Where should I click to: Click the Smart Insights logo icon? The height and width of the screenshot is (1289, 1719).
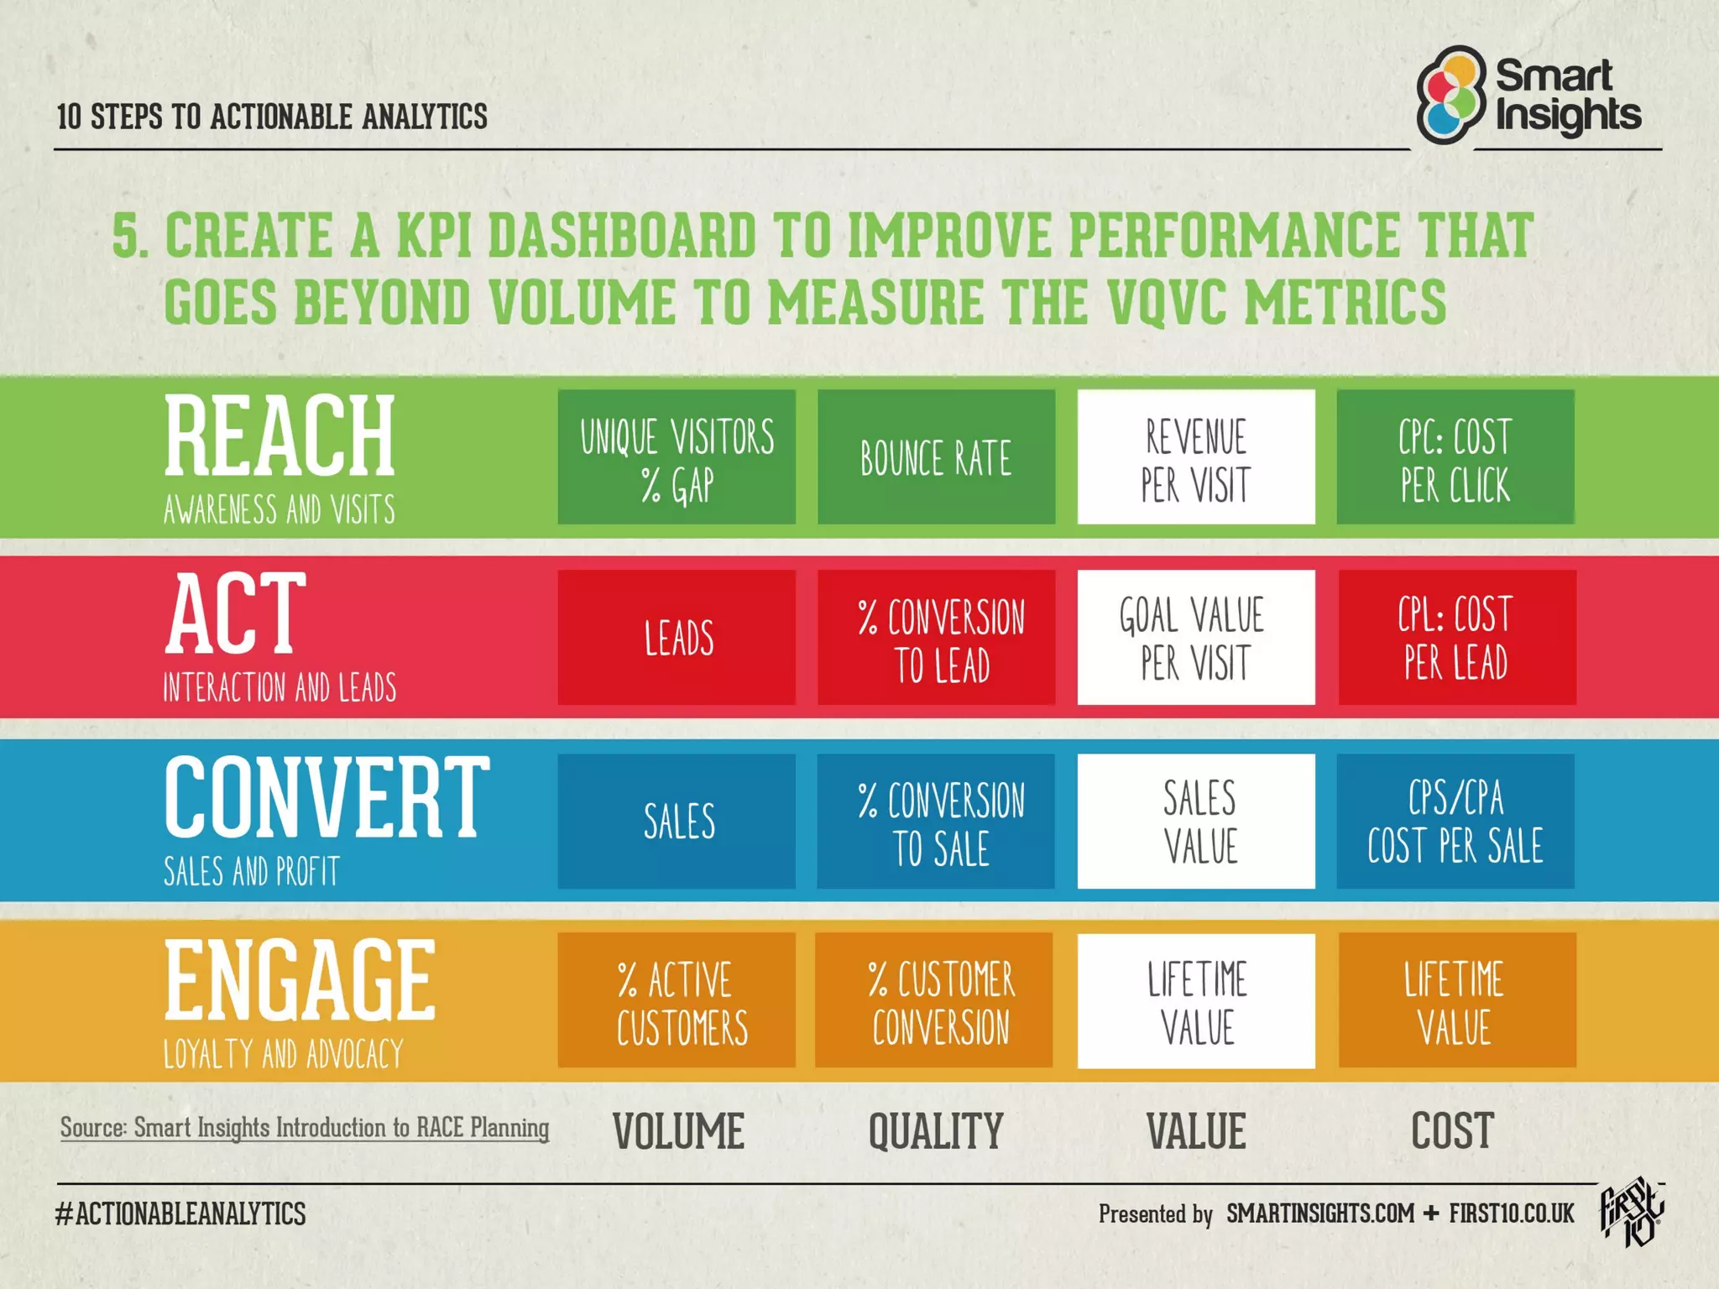[x=1451, y=94]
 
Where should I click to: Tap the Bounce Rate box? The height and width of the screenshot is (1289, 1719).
[x=936, y=457]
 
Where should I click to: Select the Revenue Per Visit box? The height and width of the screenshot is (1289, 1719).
[x=1196, y=457]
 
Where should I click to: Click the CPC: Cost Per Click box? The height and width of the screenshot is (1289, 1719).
[x=1455, y=457]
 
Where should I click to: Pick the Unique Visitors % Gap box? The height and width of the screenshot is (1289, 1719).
[x=677, y=457]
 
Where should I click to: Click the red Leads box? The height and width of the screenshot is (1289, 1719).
[x=677, y=638]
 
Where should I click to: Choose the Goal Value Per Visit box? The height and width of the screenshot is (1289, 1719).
[x=1196, y=638]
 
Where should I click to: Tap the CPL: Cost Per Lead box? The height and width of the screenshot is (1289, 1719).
[x=1457, y=638]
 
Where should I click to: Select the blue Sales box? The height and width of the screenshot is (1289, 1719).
[x=677, y=821]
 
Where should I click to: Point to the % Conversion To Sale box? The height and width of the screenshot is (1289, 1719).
[x=936, y=821]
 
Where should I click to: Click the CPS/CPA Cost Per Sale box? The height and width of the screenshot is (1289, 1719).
[x=1455, y=821]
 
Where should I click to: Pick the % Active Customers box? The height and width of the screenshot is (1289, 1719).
[x=677, y=1000]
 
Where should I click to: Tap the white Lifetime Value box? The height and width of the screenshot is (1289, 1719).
[x=1196, y=1000]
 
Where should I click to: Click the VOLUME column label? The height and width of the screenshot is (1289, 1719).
[x=678, y=1131]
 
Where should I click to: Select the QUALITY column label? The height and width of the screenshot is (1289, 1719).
[x=936, y=1131]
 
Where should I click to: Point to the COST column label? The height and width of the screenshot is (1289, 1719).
[x=1452, y=1131]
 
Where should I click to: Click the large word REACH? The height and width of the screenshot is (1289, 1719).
[x=280, y=436]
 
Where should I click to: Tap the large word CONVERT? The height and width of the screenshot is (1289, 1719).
[x=327, y=797]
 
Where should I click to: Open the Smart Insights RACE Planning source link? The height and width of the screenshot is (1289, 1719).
[x=305, y=1128]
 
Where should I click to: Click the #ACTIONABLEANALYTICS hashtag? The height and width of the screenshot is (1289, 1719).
[x=180, y=1214]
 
